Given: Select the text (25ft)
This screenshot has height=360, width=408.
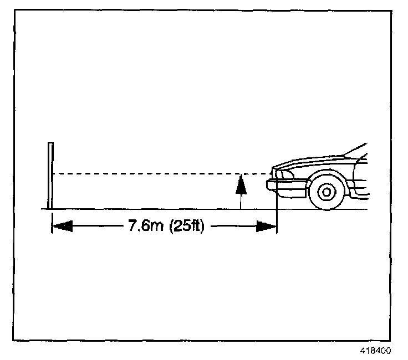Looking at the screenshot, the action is point(185,226).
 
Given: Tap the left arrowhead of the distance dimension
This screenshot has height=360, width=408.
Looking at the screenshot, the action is point(62,226).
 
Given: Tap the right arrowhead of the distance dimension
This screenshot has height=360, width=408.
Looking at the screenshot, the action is point(266,226).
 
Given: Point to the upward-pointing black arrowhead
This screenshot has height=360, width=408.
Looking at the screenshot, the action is point(241,184).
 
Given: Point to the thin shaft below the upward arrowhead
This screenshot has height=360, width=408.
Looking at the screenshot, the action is point(241,200).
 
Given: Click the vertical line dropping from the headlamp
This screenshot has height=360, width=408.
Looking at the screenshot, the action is point(276,216).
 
